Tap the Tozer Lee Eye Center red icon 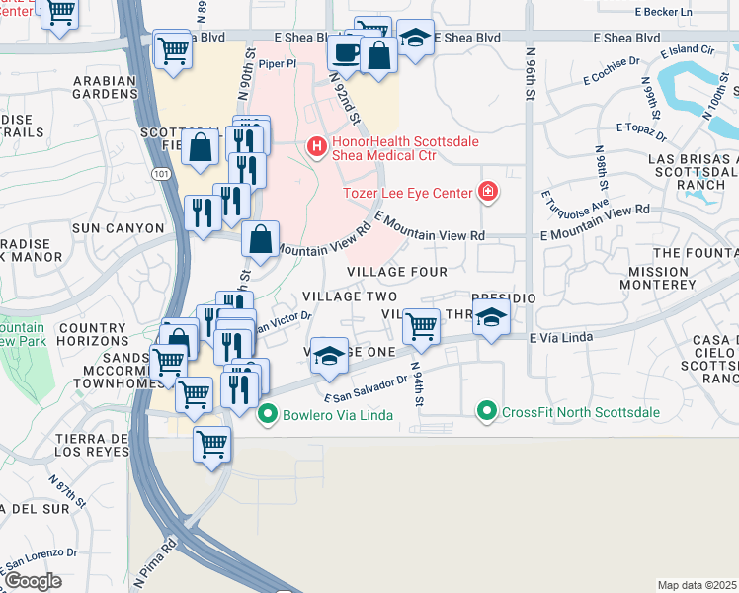pos(486,192)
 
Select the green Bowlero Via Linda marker pos(265,414)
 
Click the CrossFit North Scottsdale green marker pos(486,411)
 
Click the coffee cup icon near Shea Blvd pos(345,53)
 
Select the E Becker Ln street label pos(665,11)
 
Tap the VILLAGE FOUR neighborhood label pos(397,272)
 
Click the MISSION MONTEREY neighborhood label pos(658,277)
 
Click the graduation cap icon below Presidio pos(491,318)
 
